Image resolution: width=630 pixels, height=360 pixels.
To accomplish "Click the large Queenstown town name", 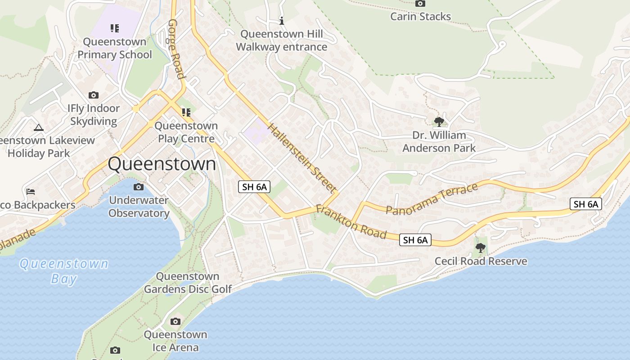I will click(162, 164).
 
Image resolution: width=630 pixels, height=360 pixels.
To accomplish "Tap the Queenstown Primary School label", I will click(115, 48).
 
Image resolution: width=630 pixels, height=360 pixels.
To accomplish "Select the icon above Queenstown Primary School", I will click(115, 28).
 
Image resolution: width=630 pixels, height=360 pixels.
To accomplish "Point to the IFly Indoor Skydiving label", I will click(94, 115).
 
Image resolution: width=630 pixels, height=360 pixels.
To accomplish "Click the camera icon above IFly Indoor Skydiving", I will click(94, 95).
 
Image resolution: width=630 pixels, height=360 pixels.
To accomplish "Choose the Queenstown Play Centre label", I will click(186, 132).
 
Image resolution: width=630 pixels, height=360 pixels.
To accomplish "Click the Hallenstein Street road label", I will click(302, 157).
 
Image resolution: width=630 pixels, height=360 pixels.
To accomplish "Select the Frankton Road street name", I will click(351, 222).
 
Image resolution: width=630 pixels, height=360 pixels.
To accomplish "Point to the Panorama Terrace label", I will click(432, 199).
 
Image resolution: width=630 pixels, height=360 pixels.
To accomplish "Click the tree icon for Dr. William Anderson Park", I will click(439, 121).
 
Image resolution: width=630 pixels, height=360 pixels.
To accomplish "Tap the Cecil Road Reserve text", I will click(481, 261).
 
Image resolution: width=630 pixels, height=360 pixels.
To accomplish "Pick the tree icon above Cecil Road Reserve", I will click(481, 247).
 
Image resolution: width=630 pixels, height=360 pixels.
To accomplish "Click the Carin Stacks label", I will click(420, 17).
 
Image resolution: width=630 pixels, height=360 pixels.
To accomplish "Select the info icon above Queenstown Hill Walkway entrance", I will click(282, 21).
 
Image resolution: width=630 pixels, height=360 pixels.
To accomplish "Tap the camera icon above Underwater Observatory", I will click(139, 187).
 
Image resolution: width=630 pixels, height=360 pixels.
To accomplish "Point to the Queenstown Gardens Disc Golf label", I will click(188, 283).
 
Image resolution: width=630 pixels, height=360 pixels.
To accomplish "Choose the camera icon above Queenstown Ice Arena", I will click(175, 321).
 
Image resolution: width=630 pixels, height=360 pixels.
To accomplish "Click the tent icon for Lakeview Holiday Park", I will click(39, 127).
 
